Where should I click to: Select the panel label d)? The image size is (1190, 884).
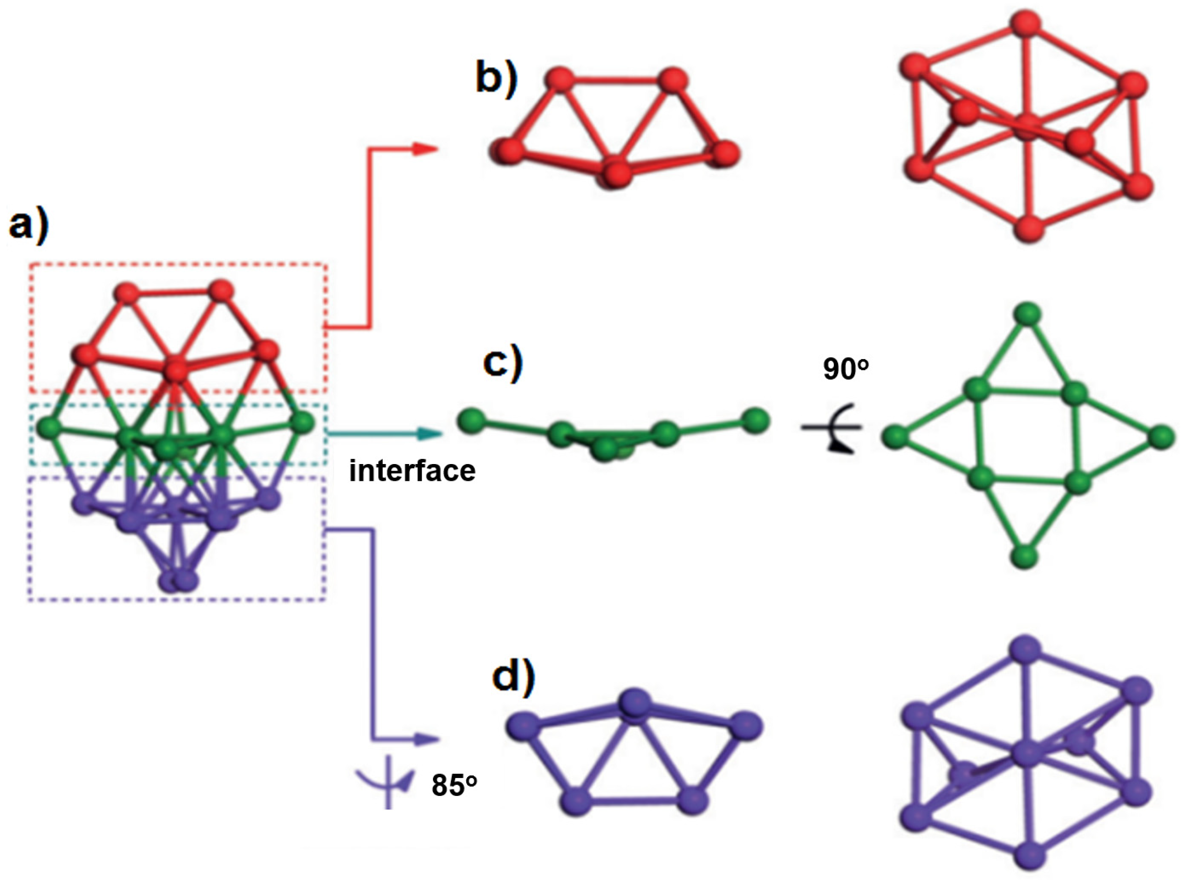pos(513,678)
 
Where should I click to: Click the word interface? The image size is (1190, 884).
pos(412,471)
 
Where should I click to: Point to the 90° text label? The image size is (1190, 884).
pos(846,369)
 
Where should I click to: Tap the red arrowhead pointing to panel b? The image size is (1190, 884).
pos(425,150)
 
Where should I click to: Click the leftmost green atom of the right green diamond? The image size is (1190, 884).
pos(895,436)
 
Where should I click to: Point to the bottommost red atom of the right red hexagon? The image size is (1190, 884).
pos(1029,228)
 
